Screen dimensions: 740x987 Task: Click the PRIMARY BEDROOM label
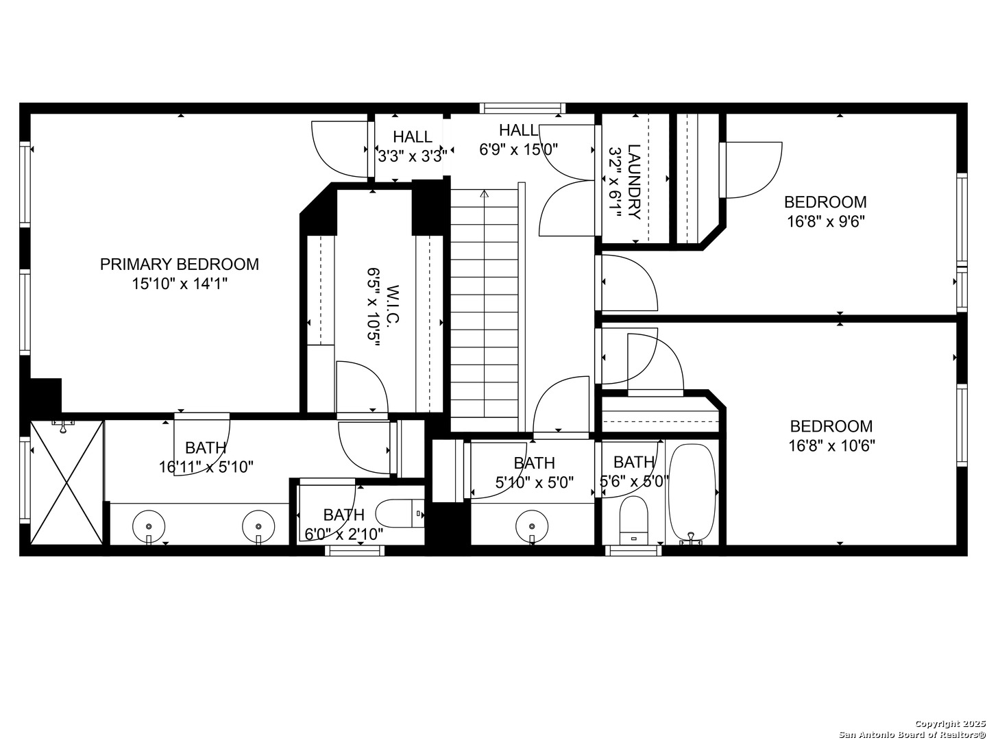pos(180,264)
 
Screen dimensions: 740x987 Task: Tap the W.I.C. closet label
pos(392,306)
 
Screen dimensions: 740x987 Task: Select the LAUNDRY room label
pos(634,182)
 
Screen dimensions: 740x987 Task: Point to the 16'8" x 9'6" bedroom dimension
pos(825,221)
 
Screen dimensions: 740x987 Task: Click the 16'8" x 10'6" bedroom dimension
pos(831,446)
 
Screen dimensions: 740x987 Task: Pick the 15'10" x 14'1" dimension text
pos(180,284)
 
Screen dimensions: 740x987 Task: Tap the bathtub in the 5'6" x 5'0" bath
pos(692,491)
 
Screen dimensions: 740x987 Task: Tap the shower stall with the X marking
pos(66,482)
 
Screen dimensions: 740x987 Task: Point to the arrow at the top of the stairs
pos(485,194)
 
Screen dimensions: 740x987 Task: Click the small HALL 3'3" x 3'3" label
pos(413,137)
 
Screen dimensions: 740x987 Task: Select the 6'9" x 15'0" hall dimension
pos(518,148)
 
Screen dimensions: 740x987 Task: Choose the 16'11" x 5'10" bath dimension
pos(206,467)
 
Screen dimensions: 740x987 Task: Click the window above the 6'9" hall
pos(522,108)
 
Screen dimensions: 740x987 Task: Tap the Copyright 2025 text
pos(949,724)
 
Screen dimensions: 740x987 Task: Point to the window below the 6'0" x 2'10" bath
pos(354,550)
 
